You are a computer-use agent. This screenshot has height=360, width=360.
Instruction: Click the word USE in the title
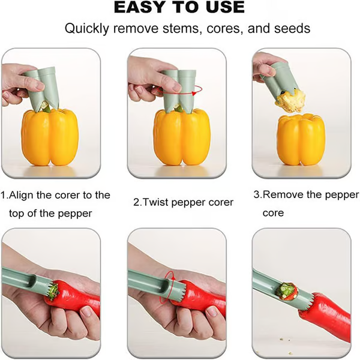point(222,8)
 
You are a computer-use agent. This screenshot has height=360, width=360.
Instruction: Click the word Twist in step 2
point(158,202)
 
